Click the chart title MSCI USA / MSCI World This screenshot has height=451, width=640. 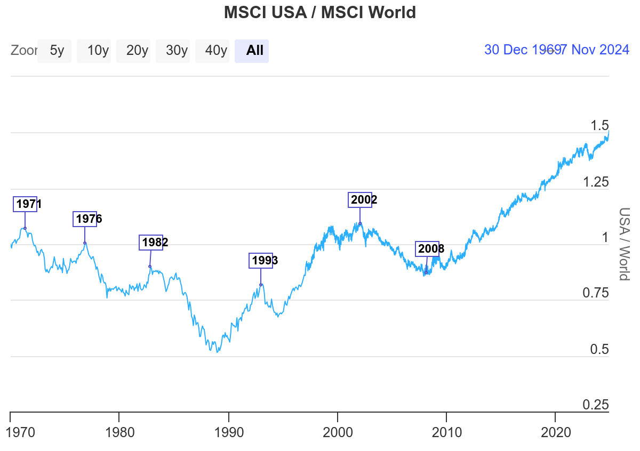(319, 12)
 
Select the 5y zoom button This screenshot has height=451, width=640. (57, 51)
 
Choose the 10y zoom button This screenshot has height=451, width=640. (98, 51)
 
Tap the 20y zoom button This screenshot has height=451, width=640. (137, 51)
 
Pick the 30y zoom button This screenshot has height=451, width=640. (177, 51)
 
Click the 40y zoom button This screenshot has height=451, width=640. (216, 51)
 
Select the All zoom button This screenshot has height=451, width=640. (254, 51)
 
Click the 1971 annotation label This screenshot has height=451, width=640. (25, 204)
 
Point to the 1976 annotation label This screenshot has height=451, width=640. (85, 219)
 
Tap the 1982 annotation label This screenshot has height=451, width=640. (151, 243)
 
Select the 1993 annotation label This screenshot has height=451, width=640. (261, 261)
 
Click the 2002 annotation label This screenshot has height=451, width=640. (361, 200)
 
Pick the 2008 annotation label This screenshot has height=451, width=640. (428, 249)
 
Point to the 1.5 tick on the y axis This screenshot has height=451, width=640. (599, 126)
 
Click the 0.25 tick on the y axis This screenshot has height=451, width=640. (595, 405)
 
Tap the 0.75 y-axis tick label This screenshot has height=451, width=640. (595, 293)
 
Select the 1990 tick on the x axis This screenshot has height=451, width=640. (229, 431)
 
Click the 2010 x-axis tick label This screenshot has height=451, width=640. (447, 431)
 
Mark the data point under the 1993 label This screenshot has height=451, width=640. (261, 285)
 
